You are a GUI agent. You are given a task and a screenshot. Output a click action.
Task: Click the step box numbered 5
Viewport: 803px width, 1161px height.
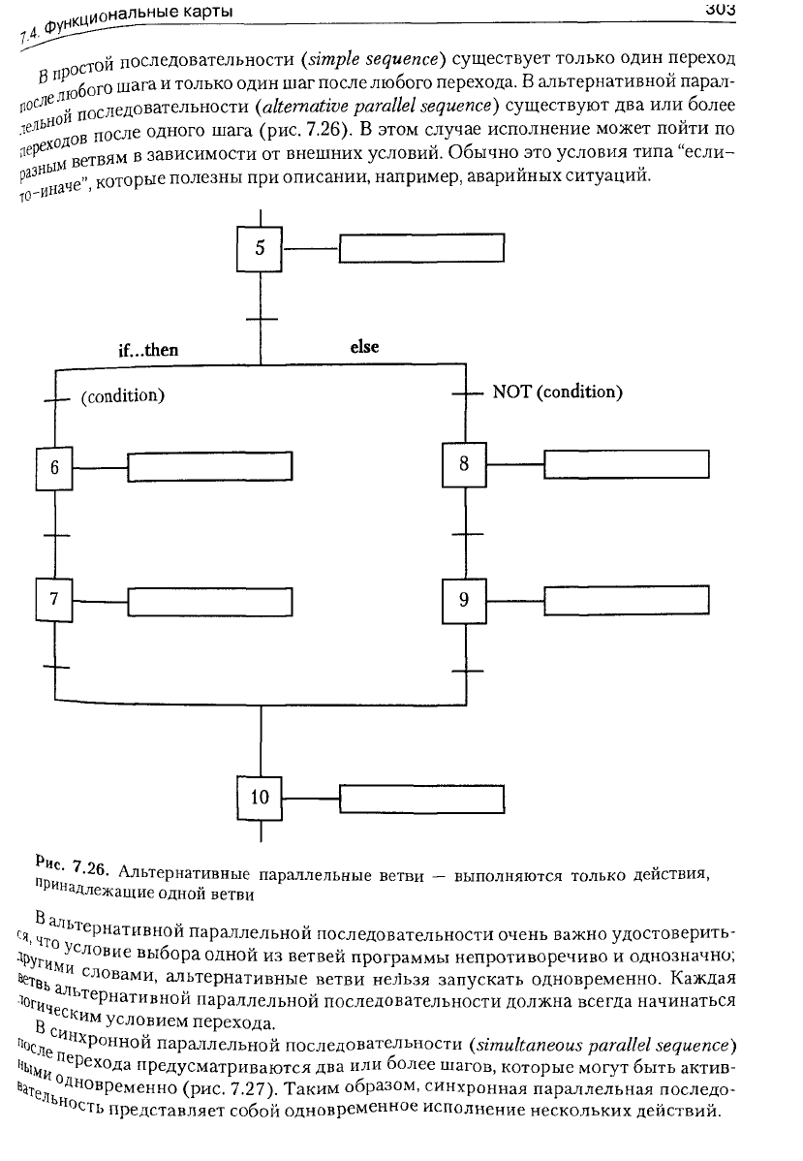[x=260, y=248]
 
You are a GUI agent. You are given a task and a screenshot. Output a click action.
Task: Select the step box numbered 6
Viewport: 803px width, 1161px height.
[x=54, y=468]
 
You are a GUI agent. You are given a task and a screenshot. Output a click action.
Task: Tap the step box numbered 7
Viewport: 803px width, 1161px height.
[x=54, y=599]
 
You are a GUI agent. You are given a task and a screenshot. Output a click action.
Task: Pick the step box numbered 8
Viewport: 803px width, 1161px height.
[x=464, y=464]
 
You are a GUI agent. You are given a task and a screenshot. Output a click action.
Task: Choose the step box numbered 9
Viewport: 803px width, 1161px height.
[x=464, y=601]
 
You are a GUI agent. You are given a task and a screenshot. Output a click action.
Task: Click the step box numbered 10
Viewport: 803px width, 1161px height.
[x=260, y=798]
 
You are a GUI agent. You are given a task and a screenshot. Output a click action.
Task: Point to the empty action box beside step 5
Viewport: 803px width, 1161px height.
[x=422, y=248]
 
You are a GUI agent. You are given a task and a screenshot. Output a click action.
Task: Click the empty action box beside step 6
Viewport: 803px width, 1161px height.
[x=210, y=466]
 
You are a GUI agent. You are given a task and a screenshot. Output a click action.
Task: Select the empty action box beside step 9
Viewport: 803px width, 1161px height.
[x=627, y=600]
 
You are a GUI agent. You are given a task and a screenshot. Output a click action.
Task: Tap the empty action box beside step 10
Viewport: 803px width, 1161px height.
[x=422, y=799]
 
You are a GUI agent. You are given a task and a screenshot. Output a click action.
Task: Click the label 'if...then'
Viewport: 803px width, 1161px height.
[x=149, y=350]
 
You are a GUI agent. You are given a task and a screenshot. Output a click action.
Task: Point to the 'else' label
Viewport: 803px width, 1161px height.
[x=364, y=347]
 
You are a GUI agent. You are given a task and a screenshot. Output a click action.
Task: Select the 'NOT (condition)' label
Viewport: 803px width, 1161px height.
[x=557, y=392]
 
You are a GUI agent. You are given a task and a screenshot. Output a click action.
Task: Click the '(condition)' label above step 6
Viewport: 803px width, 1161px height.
[x=123, y=395]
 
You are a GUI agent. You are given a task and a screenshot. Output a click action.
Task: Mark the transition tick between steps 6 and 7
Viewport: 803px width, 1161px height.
[x=55, y=535]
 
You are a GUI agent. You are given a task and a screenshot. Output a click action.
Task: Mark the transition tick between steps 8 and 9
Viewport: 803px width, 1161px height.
[x=466, y=534]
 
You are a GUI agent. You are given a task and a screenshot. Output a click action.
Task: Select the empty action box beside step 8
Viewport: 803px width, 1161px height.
[x=627, y=464]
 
